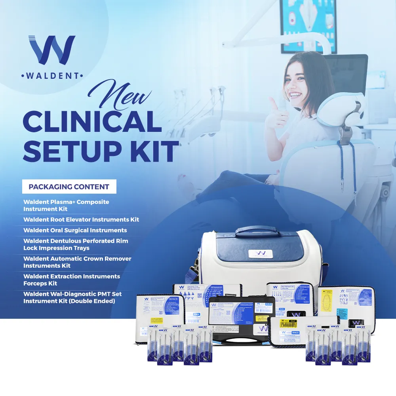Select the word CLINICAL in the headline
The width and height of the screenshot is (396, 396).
coord(92,122)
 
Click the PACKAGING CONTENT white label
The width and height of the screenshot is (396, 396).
coord(69,187)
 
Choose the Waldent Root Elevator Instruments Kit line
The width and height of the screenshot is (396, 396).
coord(81,219)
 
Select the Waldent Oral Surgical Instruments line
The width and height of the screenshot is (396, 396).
coord(75,230)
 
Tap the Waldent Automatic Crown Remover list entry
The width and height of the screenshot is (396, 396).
coord(77,262)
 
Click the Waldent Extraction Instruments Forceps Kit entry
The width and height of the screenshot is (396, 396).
coord(72,280)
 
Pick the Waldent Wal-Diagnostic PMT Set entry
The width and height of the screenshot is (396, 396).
coord(72,297)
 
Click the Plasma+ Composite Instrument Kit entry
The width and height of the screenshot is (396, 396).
coord(66,205)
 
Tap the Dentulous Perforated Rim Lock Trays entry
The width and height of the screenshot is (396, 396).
coord(76,244)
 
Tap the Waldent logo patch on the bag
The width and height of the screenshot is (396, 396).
coord(260,254)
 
